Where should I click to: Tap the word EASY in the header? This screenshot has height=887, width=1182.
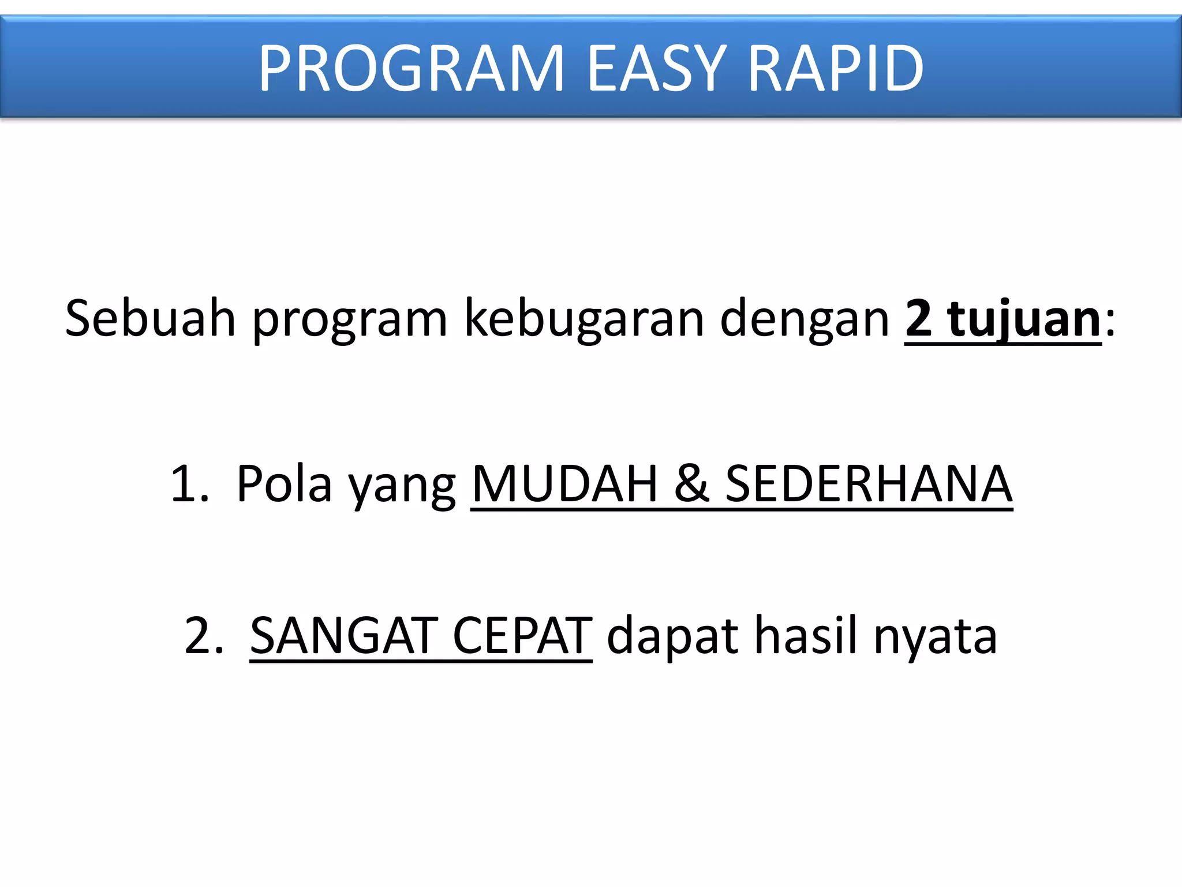[657, 69]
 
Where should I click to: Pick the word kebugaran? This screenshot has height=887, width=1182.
[584, 319]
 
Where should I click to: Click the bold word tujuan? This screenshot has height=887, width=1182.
[1024, 319]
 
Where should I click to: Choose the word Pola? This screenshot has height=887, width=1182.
[284, 484]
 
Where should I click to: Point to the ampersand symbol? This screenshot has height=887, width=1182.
[691, 484]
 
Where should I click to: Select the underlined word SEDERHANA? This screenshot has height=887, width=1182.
[869, 484]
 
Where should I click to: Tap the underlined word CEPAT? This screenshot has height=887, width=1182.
[522, 636]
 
